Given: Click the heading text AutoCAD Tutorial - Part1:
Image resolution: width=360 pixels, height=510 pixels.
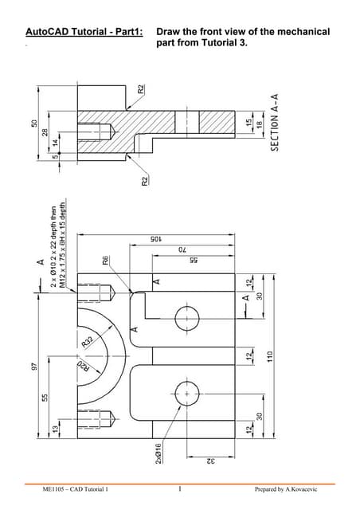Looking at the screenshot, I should click(x=84, y=33).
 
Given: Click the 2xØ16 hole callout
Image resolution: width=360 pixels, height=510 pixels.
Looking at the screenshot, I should click(x=159, y=453).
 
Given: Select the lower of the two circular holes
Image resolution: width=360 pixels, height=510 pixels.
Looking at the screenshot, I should click(x=188, y=394).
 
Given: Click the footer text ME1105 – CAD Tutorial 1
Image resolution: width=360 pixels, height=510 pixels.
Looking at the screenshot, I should click(x=76, y=488).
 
